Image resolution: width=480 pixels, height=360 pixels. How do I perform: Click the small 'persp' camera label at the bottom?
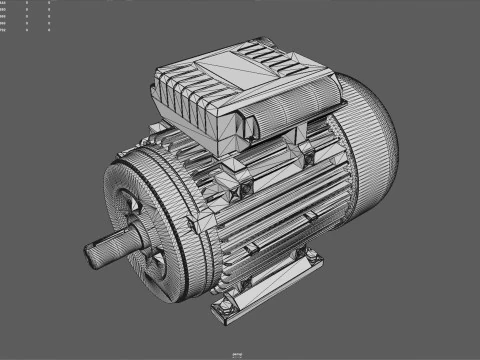(x=237, y=353)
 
